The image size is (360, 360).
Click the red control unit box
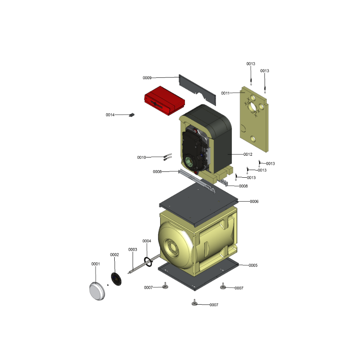pos(164,100)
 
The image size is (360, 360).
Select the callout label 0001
pos(95,264)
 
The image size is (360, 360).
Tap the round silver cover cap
pos(97,291)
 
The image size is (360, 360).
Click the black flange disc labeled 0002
pos(116,279)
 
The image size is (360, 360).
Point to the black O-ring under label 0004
pos(148,262)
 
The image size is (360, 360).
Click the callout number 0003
pos(133,250)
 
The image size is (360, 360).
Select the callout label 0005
pos(253,265)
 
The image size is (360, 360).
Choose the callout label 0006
pos(254,202)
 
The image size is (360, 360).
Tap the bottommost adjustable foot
pos(194,302)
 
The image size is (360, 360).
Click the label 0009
pos(147,78)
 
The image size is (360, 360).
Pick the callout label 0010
pos(141,157)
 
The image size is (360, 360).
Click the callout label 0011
pos(225,93)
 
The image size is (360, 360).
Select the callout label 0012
pos(248,154)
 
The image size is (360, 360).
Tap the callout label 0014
pos(110,115)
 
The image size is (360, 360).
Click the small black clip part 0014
pos(132,115)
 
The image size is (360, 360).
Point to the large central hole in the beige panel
pos(253,107)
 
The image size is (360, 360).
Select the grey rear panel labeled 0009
pos(198,90)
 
